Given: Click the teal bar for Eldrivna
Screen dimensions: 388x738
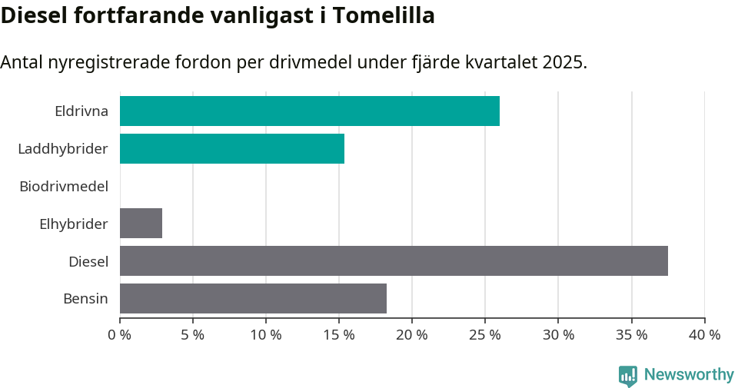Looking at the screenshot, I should click(x=309, y=111).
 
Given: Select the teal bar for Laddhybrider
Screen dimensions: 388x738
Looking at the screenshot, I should click(x=231, y=148).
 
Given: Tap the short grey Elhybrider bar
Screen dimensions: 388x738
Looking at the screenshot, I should click(x=141, y=224).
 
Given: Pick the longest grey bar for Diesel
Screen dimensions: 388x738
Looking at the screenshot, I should click(x=394, y=261).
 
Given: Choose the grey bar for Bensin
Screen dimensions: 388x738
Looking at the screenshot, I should click(x=253, y=299).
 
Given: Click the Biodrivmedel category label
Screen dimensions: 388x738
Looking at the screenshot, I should click(x=64, y=186).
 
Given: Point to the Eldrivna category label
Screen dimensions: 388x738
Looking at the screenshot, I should click(x=81, y=111).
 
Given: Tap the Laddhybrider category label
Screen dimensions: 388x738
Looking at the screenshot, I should click(x=62, y=148).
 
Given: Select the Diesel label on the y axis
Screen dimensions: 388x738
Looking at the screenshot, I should click(x=88, y=261).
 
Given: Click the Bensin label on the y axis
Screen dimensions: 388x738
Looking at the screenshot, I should click(x=85, y=299).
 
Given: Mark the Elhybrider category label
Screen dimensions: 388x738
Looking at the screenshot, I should click(x=73, y=224).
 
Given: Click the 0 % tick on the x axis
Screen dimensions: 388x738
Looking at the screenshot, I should click(x=120, y=335).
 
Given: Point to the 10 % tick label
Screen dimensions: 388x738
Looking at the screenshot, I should click(x=266, y=335).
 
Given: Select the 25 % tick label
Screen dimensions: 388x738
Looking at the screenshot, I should click(x=485, y=335).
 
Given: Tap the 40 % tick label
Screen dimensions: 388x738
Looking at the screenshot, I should click(x=704, y=335).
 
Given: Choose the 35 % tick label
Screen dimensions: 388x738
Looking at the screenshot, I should click(x=631, y=335).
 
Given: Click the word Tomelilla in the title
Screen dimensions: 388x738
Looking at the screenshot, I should click(x=391, y=15).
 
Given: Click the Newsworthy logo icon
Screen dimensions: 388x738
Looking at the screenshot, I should click(x=627, y=375).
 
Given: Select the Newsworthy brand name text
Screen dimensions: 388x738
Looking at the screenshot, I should click(x=689, y=375).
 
